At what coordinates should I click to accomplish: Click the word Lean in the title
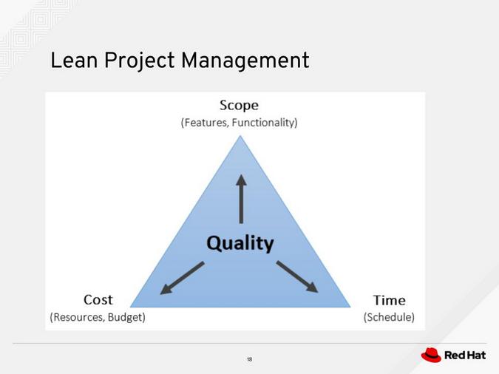click(x=73, y=61)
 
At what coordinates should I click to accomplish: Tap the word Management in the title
click(x=244, y=61)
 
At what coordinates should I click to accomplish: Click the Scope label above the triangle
click(x=239, y=105)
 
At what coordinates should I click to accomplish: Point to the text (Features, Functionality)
click(x=239, y=123)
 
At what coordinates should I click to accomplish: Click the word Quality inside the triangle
click(x=240, y=242)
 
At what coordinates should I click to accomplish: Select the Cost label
click(x=98, y=299)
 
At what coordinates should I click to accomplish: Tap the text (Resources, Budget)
click(x=98, y=317)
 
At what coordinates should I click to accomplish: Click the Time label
click(x=389, y=299)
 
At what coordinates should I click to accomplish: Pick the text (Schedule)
click(x=389, y=317)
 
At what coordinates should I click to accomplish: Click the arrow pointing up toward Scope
click(x=240, y=198)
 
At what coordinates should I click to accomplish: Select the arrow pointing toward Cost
click(x=181, y=278)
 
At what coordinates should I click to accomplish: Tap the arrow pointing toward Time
click(x=297, y=276)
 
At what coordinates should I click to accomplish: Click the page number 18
click(x=249, y=359)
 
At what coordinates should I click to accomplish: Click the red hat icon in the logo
click(x=431, y=356)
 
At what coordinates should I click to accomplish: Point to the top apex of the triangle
click(x=240, y=135)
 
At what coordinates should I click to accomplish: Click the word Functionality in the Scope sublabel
click(x=265, y=123)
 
